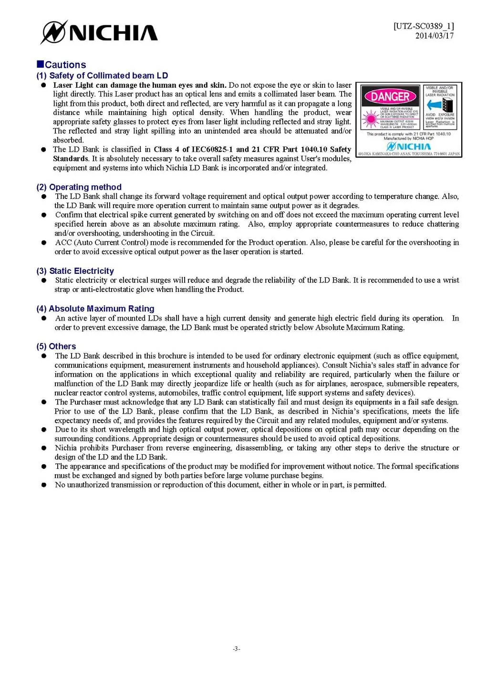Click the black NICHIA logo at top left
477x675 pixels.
click(99, 32)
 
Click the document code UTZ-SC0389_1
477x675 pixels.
click(424, 26)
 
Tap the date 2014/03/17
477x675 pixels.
click(434, 36)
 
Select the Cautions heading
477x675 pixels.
click(65, 65)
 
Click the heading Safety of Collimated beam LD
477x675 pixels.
click(108, 75)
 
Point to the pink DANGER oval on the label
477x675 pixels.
click(390, 97)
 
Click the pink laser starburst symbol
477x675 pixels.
click(370, 119)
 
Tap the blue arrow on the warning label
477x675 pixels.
click(434, 105)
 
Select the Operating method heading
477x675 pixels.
click(85, 187)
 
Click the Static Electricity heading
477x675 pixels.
click(81, 271)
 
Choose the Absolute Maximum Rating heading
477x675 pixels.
click(101, 309)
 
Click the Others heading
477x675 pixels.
click(62, 346)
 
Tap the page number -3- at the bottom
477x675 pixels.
click(237, 649)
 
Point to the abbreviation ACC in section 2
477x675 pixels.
click(63, 242)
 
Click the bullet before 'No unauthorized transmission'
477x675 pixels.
click(44, 485)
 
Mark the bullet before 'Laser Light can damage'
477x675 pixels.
click(43, 85)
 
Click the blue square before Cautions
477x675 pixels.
click(40, 64)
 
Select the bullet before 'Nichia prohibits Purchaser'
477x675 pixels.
click(44, 448)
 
